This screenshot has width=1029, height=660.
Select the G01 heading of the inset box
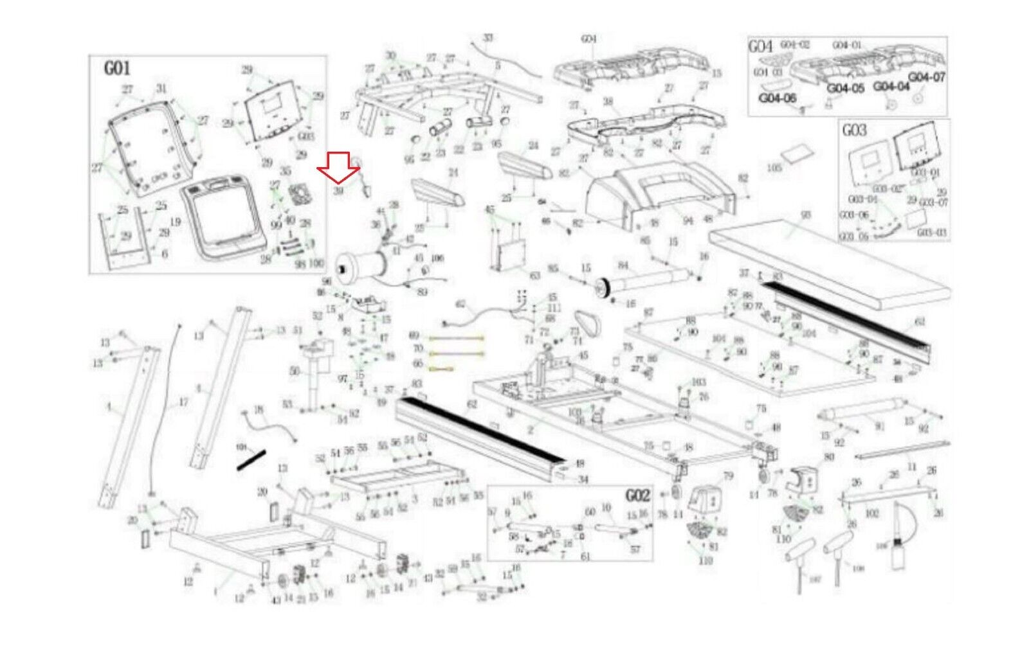117,68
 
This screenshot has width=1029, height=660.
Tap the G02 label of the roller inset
637,495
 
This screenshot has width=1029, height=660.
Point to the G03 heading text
855,130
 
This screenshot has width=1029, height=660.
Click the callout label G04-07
927,77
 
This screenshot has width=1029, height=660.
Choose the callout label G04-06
778,98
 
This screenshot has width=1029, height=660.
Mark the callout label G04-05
845,88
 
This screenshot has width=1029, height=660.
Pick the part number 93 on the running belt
805,215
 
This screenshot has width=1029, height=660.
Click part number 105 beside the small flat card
774,168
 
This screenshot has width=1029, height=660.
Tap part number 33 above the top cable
488,38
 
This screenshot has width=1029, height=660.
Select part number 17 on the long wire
183,402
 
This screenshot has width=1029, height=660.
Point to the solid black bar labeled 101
251,459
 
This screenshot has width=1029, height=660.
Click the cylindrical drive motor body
363,265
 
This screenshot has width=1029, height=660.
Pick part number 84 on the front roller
623,265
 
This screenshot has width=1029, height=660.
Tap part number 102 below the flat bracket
871,513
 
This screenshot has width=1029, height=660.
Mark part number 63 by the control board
534,276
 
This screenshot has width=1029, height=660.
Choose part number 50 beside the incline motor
295,371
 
